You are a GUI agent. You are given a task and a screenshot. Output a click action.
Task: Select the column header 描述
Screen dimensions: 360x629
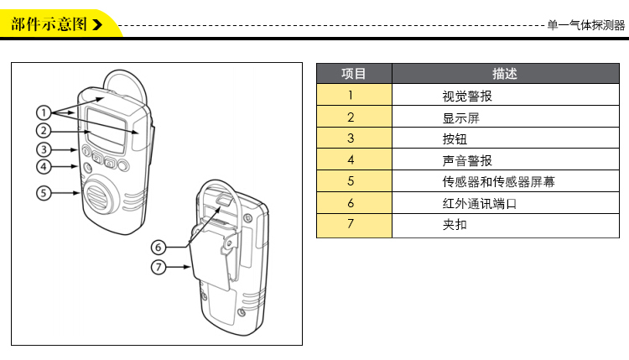[505, 74]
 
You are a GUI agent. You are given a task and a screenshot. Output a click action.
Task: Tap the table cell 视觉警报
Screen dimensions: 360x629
[467, 96]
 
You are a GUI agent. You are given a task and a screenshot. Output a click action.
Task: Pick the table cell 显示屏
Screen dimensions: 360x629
[460, 117]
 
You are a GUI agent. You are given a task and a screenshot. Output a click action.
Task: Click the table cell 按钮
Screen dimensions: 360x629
[455, 138]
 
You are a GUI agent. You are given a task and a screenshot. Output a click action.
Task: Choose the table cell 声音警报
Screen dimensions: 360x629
[467, 159]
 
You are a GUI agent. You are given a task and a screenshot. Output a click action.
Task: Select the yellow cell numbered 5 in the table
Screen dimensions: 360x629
[351, 181]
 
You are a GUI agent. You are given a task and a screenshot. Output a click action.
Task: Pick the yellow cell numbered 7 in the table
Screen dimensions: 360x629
[351, 225]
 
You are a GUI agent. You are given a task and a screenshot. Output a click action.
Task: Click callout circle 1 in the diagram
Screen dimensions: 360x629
[44, 112]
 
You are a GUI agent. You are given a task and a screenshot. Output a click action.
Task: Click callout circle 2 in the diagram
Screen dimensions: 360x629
[44, 130]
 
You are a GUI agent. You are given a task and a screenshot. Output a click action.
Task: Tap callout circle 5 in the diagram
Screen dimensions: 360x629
[44, 193]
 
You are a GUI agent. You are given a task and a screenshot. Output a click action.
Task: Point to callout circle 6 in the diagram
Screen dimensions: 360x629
[160, 247]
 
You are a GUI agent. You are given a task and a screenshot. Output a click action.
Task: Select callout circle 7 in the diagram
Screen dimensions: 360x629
[160, 268]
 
